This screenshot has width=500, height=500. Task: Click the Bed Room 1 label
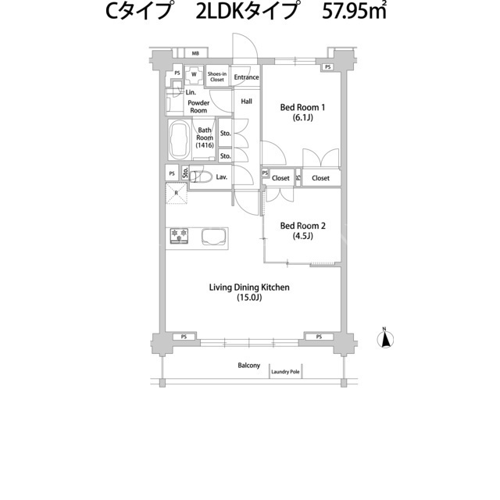pos(302,112)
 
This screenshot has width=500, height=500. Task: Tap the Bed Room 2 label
pos(302,230)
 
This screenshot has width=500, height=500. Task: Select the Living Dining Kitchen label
pos(249,292)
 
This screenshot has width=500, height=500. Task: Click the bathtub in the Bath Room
pos(179,140)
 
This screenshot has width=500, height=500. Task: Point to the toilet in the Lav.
pos(201,177)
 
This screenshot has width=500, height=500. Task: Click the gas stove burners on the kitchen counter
pos(179,236)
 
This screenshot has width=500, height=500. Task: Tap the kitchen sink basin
pos(214,237)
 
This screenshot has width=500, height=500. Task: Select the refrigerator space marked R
pos(176,193)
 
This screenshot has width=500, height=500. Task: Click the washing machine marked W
pos(194,75)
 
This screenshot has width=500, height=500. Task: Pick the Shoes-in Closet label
pos(217,77)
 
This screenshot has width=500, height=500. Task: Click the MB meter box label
pos(195,54)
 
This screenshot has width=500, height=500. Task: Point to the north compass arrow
pos(385,338)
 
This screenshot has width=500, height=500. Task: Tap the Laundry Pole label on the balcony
pos(285,372)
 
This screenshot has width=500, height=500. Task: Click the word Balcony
pos(249,366)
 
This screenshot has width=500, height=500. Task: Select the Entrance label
pos(246,77)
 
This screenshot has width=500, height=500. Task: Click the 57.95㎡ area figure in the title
pos(354,12)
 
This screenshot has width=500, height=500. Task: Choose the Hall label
pos(247,102)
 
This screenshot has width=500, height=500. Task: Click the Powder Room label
pos(198,106)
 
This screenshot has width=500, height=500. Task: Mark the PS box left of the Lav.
pos(172,173)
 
